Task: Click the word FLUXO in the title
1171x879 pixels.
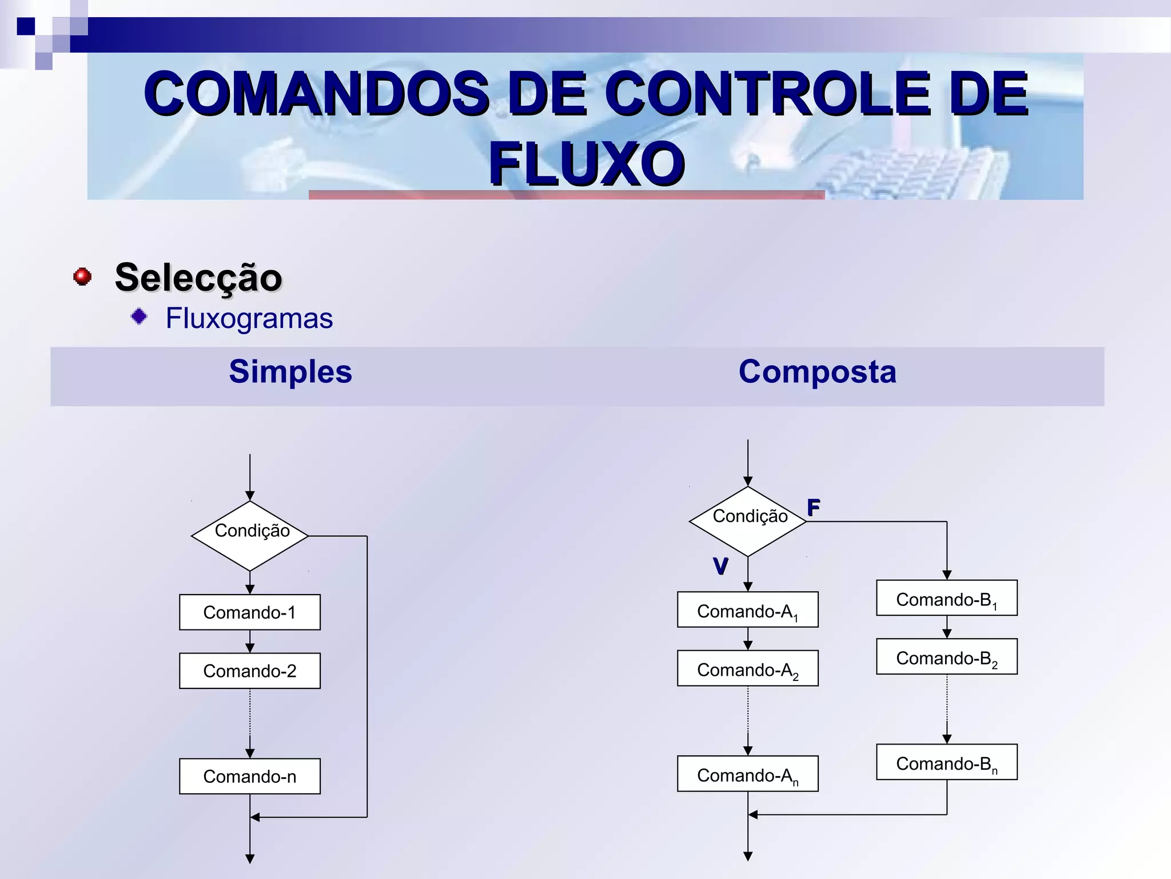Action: click(x=587, y=164)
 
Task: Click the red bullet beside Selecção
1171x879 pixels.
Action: click(x=83, y=276)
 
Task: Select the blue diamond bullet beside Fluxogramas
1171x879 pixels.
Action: click(x=139, y=316)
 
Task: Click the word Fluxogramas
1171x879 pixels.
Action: click(x=249, y=318)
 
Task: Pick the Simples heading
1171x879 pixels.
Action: click(x=290, y=371)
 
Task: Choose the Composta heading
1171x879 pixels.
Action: click(x=817, y=371)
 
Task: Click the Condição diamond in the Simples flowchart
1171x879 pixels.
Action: click(x=250, y=536)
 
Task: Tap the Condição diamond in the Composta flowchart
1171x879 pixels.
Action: click(x=748, y=521)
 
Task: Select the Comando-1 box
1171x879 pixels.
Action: click(x=250, y=612)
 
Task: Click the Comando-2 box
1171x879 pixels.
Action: click(x=250, y=671)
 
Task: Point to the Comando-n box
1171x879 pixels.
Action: click(x=250, y=777)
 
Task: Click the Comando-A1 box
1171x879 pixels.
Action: click(x=748, y=610)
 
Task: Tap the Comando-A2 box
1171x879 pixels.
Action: click(x=748, y=668)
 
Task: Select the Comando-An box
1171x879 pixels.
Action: click(x=748, y=774)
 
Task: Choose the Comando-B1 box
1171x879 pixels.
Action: click(x=947, y=598)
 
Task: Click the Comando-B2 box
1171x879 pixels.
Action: click(x=947, y=657)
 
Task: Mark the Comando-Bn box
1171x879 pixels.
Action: click(x=947, y=762)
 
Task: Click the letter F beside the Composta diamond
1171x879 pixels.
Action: click(x=814, y=507)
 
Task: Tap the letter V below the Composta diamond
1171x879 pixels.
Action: click(x=720, y=566)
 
